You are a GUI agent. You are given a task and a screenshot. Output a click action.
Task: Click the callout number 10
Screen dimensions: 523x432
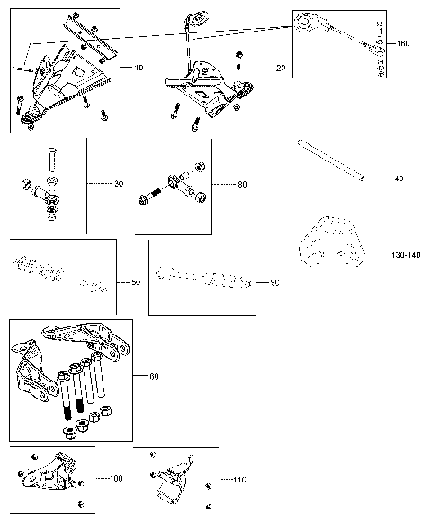click(x=139, y=68)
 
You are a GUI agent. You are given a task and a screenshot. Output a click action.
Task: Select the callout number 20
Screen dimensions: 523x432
click(x=281, y=68)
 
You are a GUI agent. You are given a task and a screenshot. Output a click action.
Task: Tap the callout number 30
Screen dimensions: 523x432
click(x=119, y=184)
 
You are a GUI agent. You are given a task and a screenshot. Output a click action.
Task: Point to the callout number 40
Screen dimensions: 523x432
click(x=399, y=178)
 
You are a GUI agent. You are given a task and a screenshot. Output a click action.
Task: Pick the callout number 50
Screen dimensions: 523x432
click(x=136, y=282)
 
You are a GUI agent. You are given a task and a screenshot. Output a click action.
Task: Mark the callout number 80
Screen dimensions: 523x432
click(x=242, y=184)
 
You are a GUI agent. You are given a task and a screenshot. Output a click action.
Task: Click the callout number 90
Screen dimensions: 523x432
click(x=275, y=282)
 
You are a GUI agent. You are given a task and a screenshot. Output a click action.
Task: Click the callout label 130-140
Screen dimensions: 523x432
click(x=407, y=256)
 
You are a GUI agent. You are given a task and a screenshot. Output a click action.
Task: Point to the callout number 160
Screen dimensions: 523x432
click(x=402, y=42)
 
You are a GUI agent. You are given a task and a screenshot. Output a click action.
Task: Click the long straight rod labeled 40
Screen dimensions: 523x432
click(x=331, y=163)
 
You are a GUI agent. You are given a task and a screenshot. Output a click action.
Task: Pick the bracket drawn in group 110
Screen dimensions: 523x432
click(x=175, y=478)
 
